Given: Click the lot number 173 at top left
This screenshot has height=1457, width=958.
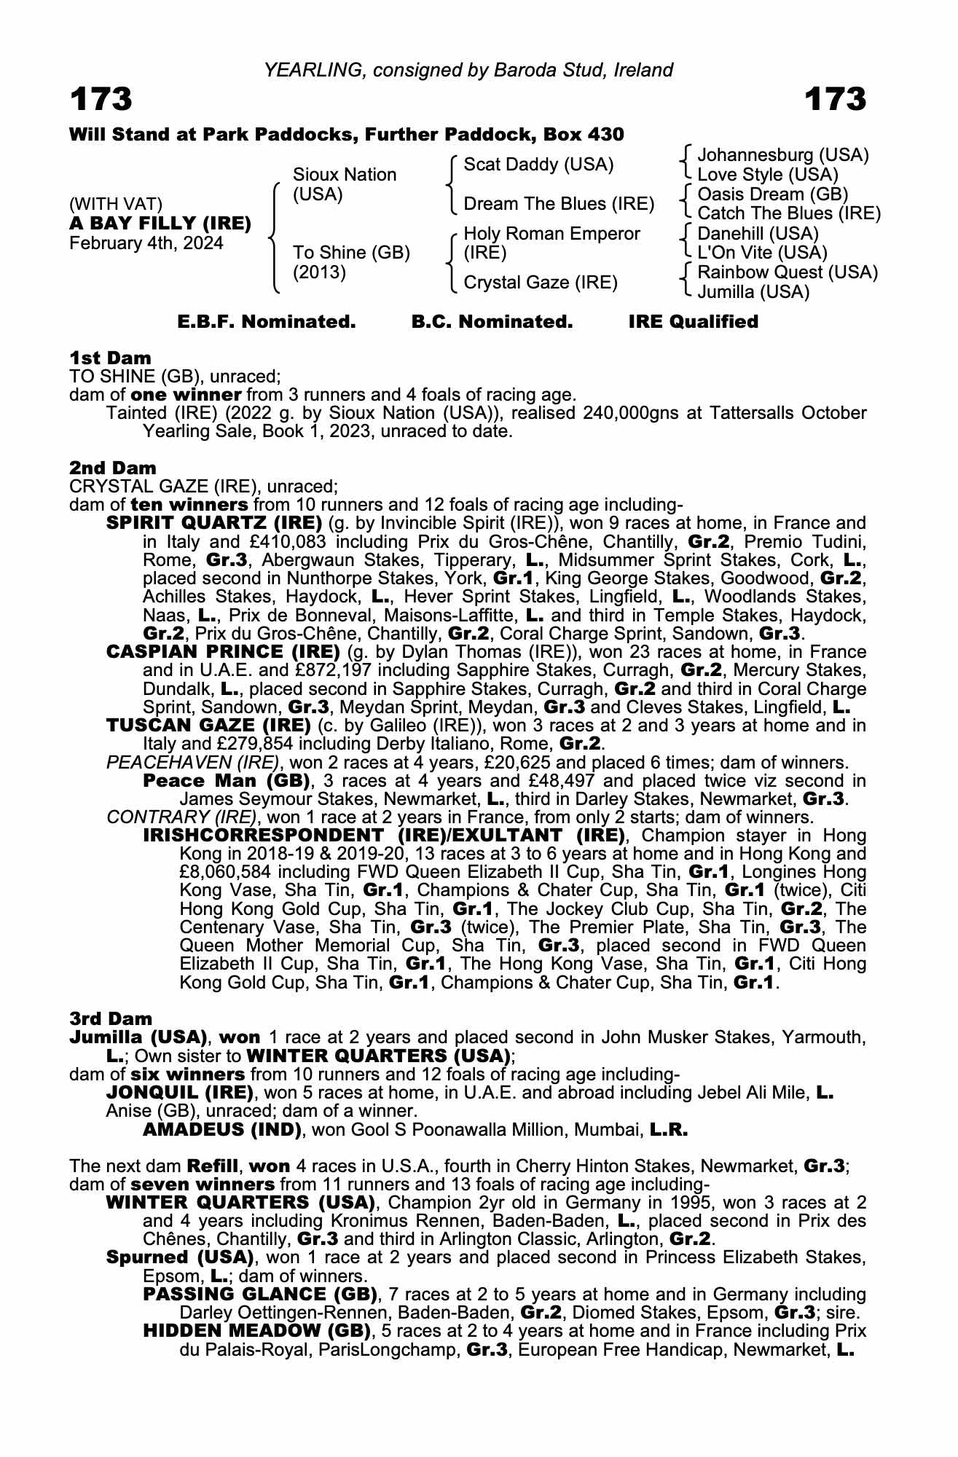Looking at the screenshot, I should coord(101,99).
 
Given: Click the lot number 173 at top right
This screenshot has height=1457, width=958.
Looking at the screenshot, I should coord(835,99).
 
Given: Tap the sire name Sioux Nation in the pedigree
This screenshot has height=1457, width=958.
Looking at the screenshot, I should coord(344,175).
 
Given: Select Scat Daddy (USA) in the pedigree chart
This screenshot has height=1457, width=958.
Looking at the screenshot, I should coord(538,165).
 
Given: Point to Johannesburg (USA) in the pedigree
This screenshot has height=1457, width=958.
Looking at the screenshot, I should coord(782,155).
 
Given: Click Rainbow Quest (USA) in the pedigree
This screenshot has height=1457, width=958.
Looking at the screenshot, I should coord(787,272).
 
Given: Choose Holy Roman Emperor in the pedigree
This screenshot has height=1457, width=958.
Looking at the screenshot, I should coord(551,234).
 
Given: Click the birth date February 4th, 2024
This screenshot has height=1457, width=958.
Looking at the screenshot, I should coord(146,243).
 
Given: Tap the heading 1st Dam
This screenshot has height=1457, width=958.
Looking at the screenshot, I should coord(110,358).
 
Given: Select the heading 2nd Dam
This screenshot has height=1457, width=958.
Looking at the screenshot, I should coord(112,468).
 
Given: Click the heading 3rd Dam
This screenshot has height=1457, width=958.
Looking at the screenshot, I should coord(111,1018).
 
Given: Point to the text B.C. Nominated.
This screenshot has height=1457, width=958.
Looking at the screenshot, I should coord(492,322).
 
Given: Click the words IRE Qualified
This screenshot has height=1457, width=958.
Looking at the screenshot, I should coord(693,322).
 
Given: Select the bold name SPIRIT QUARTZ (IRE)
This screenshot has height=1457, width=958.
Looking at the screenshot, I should coord(214,523).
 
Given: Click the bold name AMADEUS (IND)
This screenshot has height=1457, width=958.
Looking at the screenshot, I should coord(222,1130).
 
